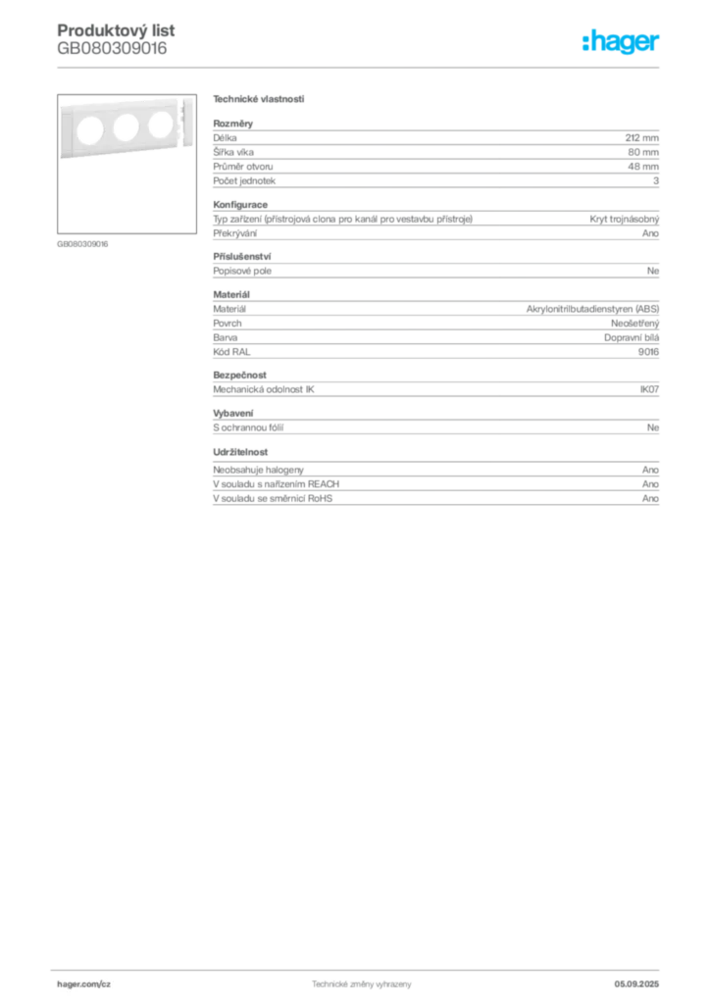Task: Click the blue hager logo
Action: coord(623,43)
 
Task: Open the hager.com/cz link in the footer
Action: coord(84,982)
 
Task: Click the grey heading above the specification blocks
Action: coord(259,100)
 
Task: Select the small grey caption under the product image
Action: coord(81,243)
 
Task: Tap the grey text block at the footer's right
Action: coord(644,980)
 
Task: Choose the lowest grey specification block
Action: coord(435,485)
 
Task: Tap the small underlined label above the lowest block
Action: coord(241,454)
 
